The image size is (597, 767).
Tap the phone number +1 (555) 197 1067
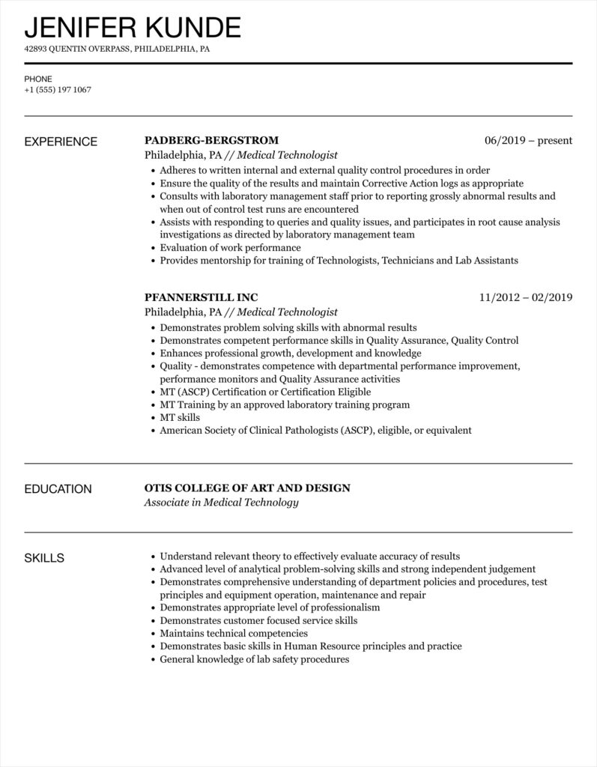point(58,90)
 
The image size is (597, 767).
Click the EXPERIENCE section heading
point(61,141)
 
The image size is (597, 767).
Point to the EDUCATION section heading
point(58,489)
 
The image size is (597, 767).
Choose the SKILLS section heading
point(44,558)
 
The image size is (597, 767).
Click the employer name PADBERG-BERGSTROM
point(211,140)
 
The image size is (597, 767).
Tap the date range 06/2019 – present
point(528,140)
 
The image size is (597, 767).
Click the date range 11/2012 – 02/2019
point(526,297)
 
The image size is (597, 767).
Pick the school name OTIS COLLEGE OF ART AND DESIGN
point(247,488)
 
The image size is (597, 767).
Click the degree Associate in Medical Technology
point(221,503)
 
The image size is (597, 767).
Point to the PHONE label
point(37,78)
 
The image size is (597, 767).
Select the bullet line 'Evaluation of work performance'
point(230,248)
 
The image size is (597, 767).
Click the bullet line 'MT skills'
point(180,417)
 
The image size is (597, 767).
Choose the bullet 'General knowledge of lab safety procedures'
point(255,659)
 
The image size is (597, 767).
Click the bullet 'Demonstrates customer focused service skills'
point(258,620)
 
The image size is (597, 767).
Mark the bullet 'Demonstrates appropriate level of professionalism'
point(270,607)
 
